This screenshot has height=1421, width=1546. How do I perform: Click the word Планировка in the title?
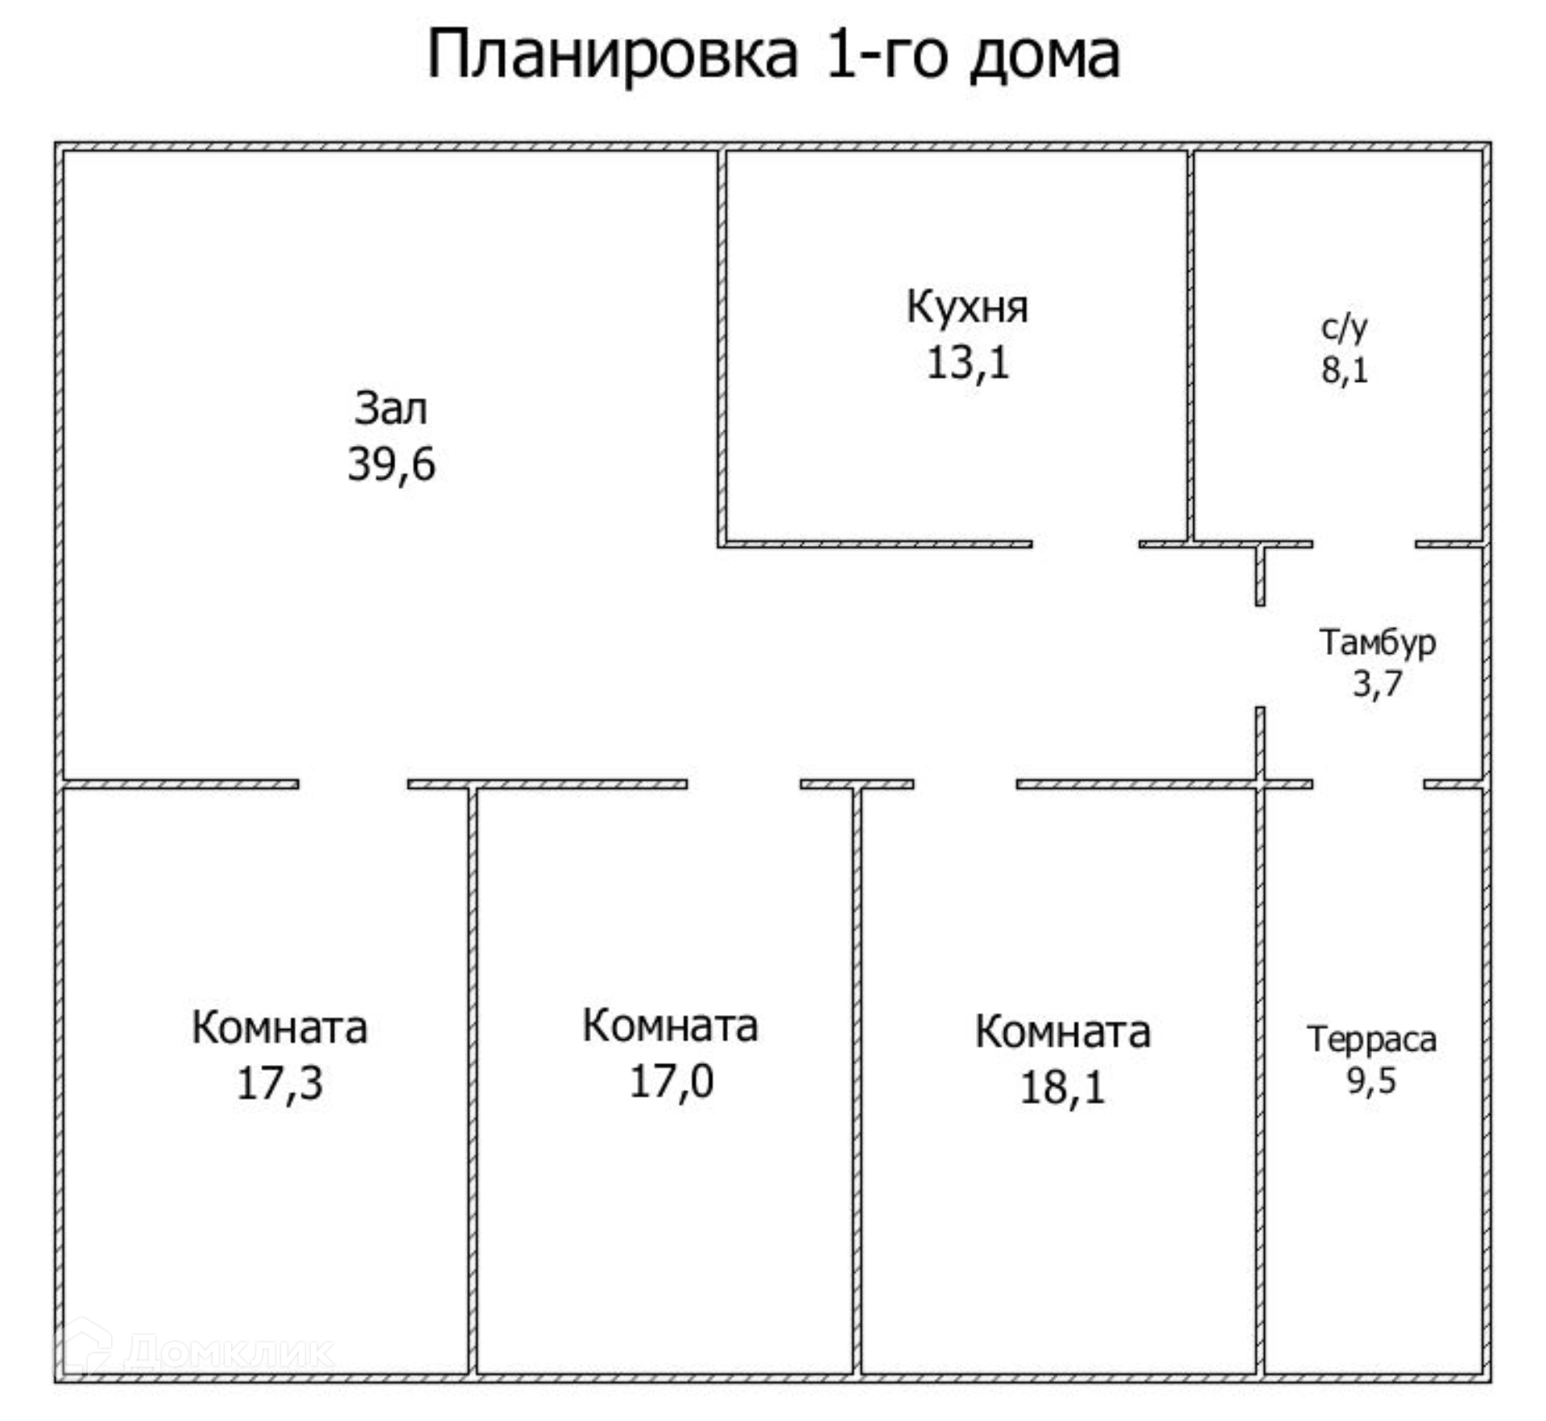click(612, 55)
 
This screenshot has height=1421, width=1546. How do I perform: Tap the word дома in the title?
click(1044, 55)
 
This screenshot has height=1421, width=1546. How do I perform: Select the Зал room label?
click(391, 408)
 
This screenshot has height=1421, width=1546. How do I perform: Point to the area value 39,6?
click(391, 465)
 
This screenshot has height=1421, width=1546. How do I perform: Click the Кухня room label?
click(967, 307)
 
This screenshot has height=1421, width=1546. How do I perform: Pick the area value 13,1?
click(967, 362)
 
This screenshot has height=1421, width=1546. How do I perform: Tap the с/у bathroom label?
click(1344, 326)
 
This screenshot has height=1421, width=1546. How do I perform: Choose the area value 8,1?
click(1344, 370)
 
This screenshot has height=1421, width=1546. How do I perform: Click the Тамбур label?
click(1377, 642)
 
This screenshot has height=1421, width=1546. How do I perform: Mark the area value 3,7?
click(1377, 684)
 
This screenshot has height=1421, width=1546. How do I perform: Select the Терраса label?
click(1371, 1039)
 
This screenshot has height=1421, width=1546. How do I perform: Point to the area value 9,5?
click(1371, 1080)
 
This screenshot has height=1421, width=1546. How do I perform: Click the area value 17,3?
click(279, 1084)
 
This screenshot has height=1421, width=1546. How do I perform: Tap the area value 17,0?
click(671, 1081)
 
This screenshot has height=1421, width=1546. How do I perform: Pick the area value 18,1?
click(1062, 1088)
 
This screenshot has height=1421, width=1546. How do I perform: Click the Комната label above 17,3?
click(279, 1027)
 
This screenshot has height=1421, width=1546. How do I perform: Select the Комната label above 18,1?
click(1063, 1031)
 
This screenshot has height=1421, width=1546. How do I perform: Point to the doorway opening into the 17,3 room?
click(353, 784)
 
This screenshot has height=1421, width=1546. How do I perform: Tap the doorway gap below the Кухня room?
click(1085, 545)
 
